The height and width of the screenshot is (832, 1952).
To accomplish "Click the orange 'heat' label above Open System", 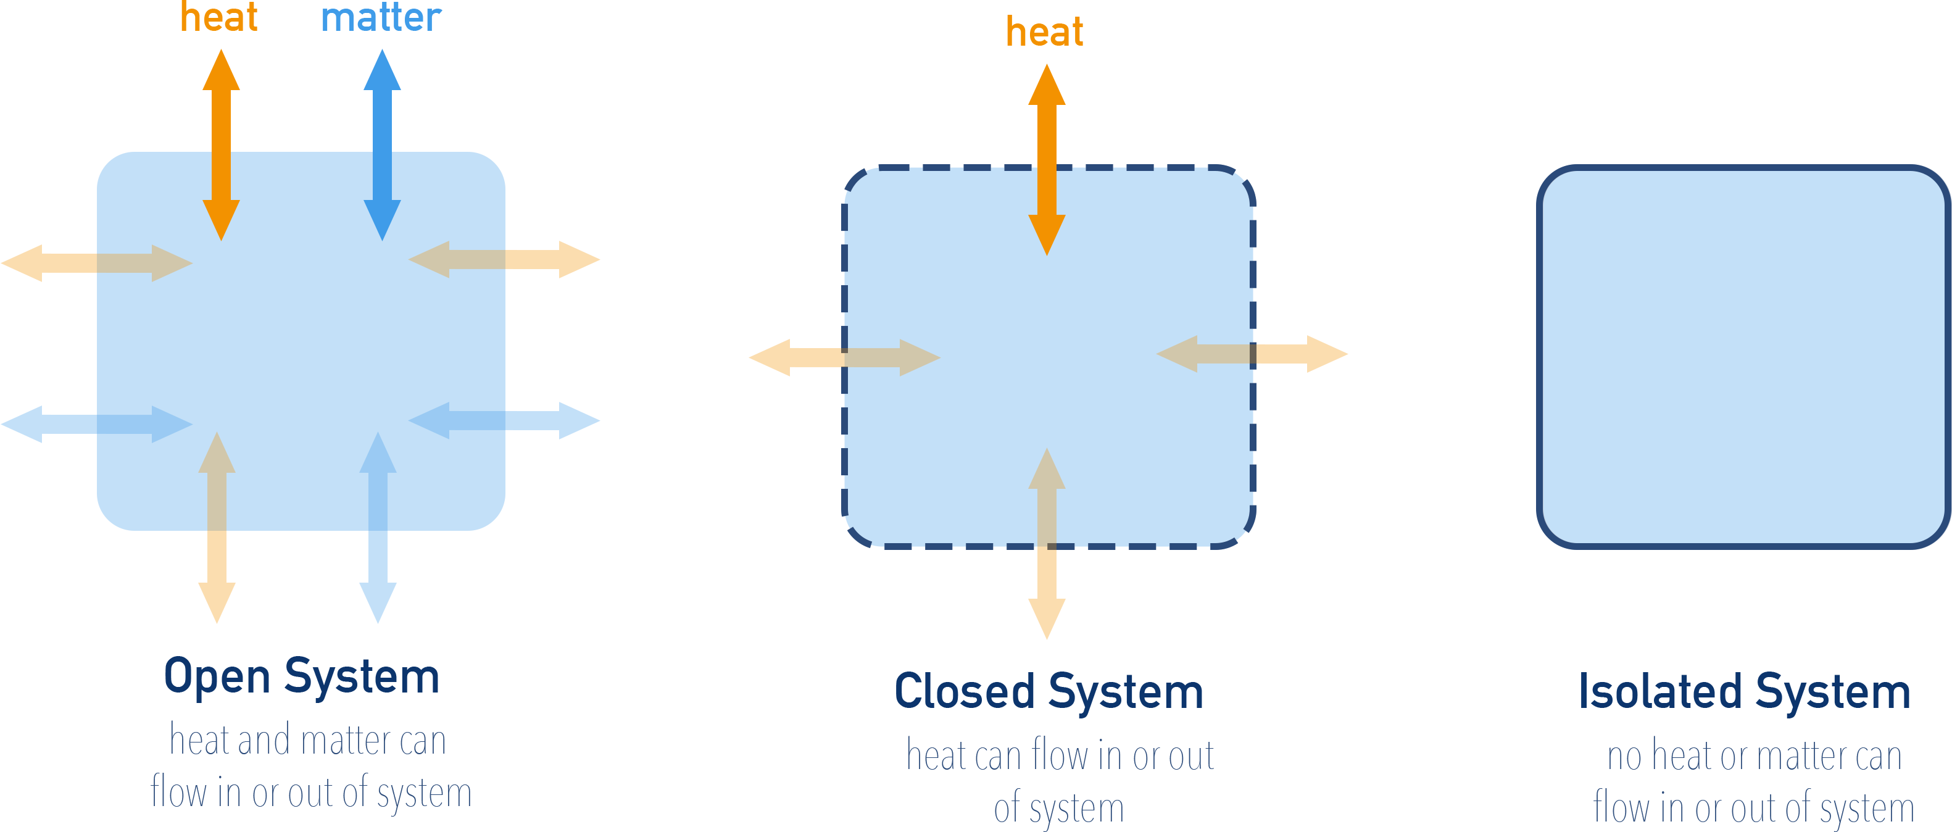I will point(219,18).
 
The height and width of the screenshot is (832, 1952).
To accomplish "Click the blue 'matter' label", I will point(381,18).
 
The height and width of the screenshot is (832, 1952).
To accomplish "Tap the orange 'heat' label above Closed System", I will point(1044,33).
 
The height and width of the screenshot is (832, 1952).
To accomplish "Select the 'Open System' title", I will point(302,676).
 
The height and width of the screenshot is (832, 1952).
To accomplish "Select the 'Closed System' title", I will point(1049,692).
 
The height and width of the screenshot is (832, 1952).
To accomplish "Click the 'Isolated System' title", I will point(1745,692).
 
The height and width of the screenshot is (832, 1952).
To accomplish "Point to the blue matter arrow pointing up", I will point(382,99).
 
